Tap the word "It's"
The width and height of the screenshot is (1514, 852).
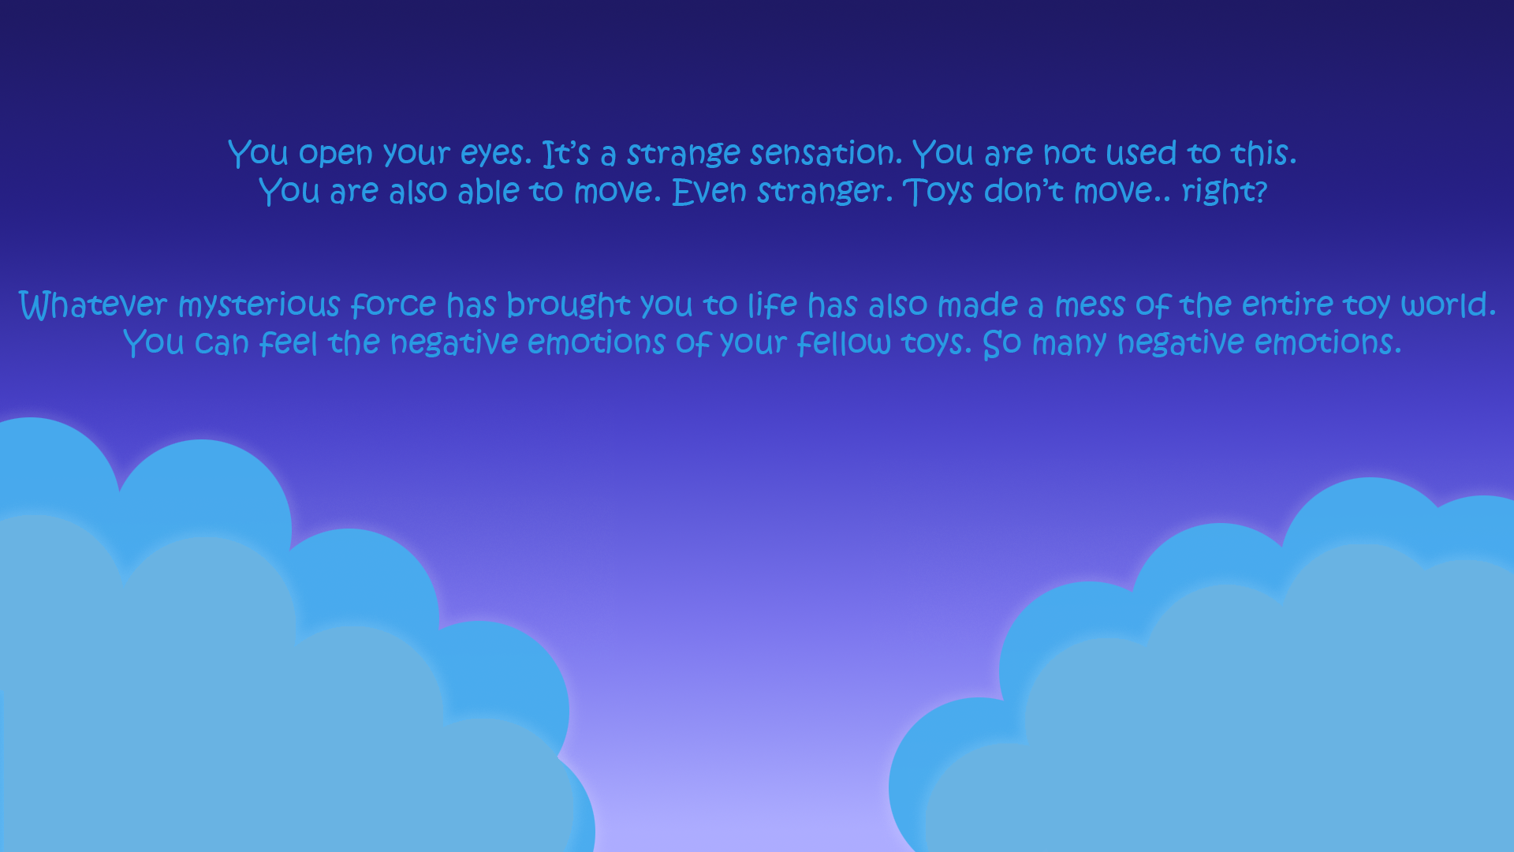point(566,153)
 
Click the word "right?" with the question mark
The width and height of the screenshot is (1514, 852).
point(1224,192)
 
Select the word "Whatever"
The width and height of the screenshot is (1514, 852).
point(93,305)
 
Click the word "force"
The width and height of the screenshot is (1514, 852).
point(393,305)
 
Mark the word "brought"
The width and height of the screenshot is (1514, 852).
point(568,305)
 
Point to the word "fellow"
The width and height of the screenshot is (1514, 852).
point(844,343)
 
